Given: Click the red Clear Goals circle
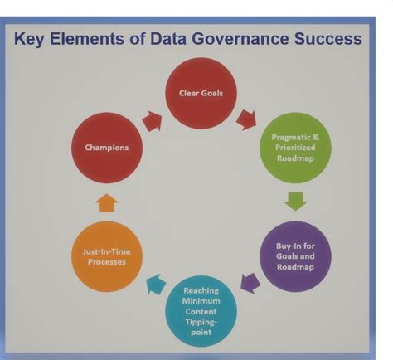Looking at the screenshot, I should [x=201, y=93].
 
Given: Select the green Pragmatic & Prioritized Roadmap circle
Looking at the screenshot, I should [x=294, y=148].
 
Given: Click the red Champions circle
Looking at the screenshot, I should [x=107, y=148].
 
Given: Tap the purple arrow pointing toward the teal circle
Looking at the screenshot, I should [x=250, y=283].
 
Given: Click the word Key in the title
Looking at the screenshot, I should [x=31, y=38].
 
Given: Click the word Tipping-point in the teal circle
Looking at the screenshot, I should [x=201, y=326].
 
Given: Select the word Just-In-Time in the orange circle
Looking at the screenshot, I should [x=107, y=250].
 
